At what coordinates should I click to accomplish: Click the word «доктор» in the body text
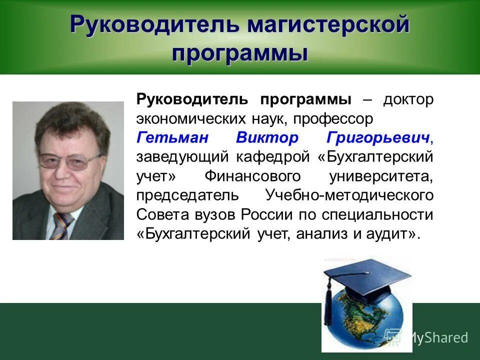[408, 99]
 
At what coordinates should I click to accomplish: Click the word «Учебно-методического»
[349, 195]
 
